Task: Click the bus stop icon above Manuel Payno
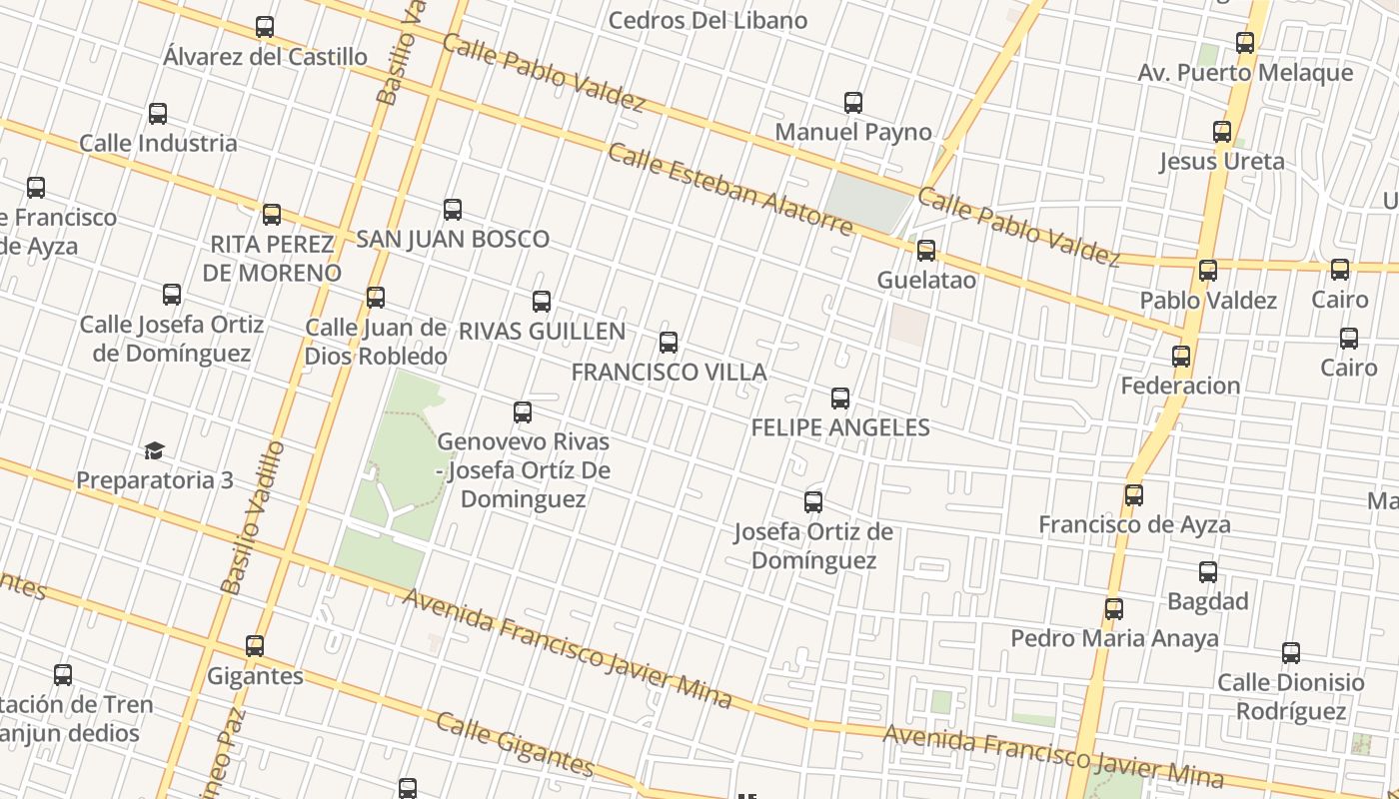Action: [x=853, y=103]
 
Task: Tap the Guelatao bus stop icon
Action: [x=926, y=251]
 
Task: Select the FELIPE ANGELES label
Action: [x=840, y=427]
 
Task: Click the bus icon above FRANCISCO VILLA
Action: [x=669, y=344]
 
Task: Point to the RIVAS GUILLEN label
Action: [x=542, y=331]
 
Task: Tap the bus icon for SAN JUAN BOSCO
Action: [x=453, y=210]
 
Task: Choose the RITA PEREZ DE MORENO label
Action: [x=272, y=259]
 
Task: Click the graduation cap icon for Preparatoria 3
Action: [x=154, y=451]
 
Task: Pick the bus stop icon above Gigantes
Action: [x=255, y=646]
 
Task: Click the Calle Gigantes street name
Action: [x=516, y=745]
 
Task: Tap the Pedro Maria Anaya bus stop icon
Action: [x=1114, y=609]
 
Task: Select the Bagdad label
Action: [x=1208, y=601]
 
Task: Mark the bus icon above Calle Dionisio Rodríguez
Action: [x=1291, y=654]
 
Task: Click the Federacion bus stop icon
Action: [x=1181, y=357]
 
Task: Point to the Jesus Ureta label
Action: [x=1222, y=161]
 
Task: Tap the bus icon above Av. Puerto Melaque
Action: [x=1245, y=43]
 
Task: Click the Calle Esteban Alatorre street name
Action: [x=730, y=190]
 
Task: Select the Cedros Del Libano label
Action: [x=707, y=20]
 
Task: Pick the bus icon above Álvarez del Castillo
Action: [x=265, y=28]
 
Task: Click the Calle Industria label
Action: [x=158, y=143]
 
